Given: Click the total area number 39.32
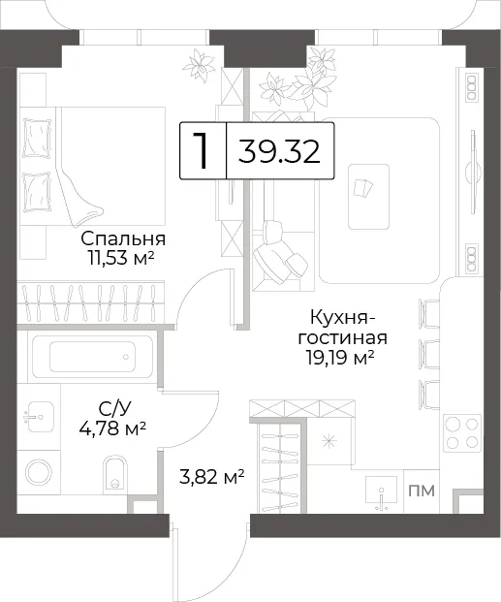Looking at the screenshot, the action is click(279, 151).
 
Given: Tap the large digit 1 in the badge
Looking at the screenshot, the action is click(201, 150).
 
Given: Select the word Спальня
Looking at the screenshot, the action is click(123, 238).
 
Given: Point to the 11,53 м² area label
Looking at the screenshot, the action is click(121, 258).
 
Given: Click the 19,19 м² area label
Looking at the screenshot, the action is click(340, 358).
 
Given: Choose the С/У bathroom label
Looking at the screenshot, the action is click(114, 409).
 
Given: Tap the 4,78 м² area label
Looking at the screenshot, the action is click(112, 428).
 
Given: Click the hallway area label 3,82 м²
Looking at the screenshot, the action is click(212, 478).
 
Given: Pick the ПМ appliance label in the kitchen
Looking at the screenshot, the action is click(422, 491).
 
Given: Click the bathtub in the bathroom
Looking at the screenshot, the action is click(92, 357).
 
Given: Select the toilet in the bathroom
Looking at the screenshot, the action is click(114, 473).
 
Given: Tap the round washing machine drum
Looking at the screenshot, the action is click(39, 473).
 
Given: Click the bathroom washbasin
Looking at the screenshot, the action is click(38, 417).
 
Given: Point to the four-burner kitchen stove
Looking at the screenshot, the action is click(462, 433).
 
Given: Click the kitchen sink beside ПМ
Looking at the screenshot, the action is click(381, 494).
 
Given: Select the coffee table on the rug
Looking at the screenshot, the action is click(368, 197).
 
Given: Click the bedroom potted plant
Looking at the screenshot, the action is click(199, 65).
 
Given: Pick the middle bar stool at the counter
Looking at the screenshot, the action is click(429, 354).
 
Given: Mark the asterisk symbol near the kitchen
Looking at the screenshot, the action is click(329, 441).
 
